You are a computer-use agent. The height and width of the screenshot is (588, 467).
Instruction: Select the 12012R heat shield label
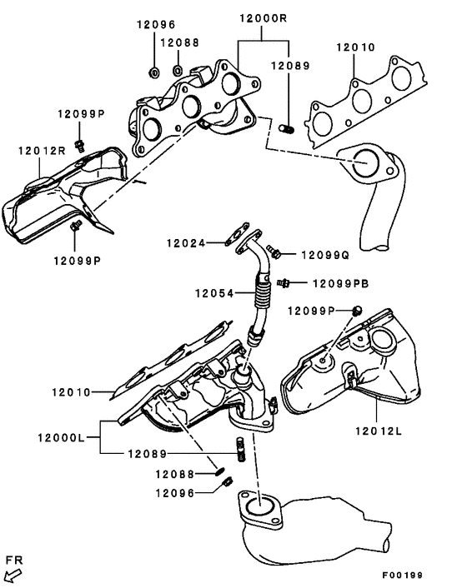(x=41, y=151)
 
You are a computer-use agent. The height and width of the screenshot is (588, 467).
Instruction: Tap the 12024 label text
(x=185, y=243)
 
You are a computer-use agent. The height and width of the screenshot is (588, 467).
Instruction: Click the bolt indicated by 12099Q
(x=274, y=250)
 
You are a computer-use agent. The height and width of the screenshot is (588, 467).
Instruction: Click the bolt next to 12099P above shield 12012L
(x=357, y=311)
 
